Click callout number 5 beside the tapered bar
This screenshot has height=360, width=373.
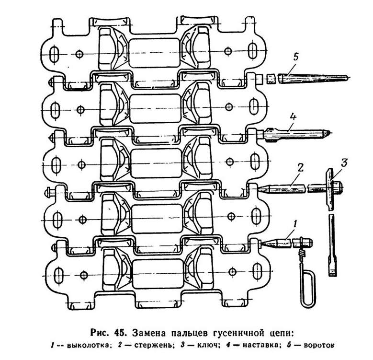point(295,58)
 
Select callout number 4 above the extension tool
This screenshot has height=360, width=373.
point(293,118)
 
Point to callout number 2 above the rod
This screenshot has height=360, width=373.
point(300,168)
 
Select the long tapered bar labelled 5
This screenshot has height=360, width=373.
point(313,78)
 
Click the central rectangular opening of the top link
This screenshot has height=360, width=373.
point(154,53)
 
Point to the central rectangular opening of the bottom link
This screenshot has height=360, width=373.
point(158,273)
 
